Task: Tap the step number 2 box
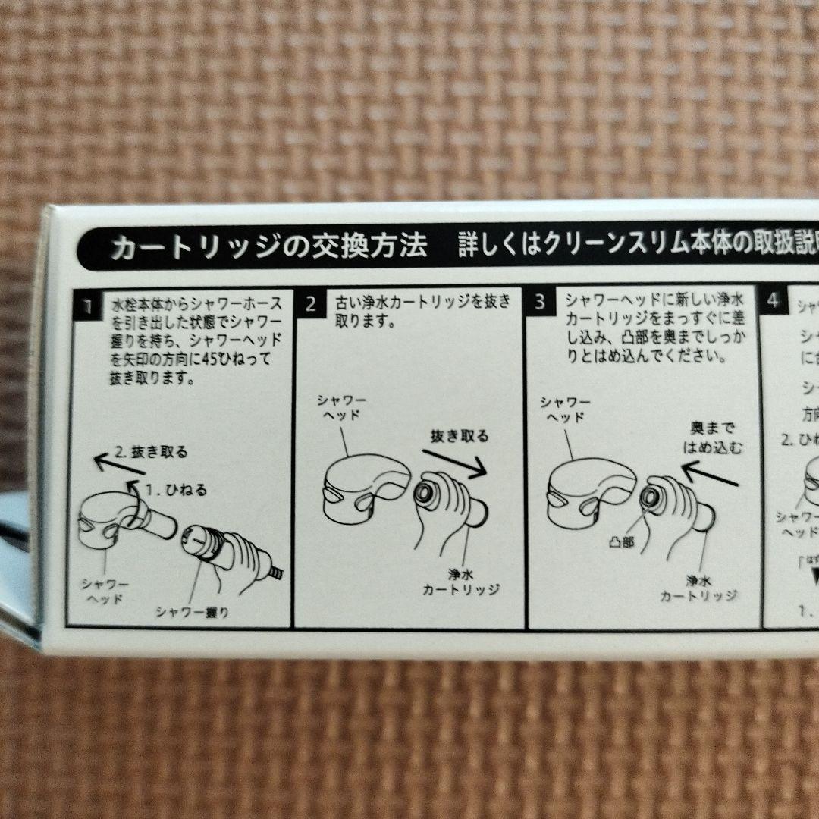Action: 311,304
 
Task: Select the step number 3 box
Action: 540,302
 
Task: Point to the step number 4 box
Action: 773,300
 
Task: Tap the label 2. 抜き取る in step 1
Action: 150,453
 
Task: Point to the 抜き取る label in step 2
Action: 460,436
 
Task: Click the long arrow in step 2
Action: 453,462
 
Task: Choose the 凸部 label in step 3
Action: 622,542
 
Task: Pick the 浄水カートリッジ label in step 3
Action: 698,588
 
